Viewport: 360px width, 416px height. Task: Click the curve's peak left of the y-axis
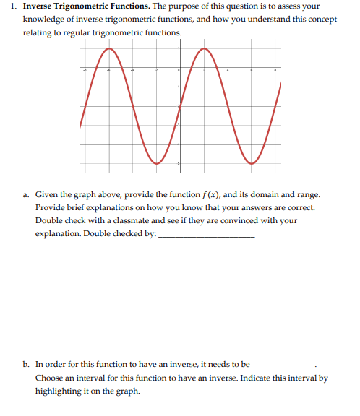click(x=108, y=49)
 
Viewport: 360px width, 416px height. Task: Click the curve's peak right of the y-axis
click(x=204, y=49)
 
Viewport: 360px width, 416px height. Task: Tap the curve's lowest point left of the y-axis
click(x=156, y=163)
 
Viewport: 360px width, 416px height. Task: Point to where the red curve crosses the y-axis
click(x=179, y=106)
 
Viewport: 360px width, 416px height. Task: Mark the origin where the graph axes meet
click(x=179, y=70)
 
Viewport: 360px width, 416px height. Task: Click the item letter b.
click(x=26, y=365)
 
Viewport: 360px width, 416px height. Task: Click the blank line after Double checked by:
click(x=206, y=236)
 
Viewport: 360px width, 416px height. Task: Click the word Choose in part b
click(x=48, y=378)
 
